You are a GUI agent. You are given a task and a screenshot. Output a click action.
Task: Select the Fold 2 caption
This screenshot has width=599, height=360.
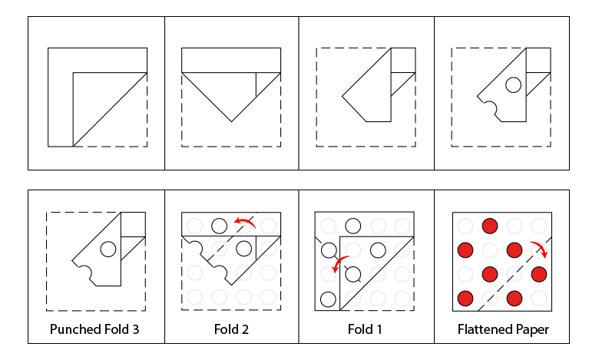coord(231,330)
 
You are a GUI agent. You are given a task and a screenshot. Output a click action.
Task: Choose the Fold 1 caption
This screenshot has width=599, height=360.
coord(366,330)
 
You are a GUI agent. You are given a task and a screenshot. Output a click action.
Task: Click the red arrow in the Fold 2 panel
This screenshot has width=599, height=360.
coord(246,222)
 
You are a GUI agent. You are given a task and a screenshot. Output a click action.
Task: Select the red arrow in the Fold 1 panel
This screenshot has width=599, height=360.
coord(339,263)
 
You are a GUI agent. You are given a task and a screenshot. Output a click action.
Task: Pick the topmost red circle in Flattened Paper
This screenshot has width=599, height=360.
coord(489,226)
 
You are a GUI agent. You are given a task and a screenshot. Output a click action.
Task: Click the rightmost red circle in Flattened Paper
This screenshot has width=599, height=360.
coord(538,274)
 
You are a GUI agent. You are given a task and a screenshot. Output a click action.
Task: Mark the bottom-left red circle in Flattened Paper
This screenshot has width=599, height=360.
coord(465,298)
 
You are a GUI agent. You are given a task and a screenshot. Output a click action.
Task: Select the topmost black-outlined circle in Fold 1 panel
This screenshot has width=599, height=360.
coord(353,226)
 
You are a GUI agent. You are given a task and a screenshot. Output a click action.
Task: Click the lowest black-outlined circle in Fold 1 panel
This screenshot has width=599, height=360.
coord(329,299)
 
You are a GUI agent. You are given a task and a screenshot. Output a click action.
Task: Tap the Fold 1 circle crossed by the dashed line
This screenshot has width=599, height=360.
coord(353,274)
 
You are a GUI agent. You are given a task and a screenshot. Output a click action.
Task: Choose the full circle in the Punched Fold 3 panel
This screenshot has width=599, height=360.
coord(108,248)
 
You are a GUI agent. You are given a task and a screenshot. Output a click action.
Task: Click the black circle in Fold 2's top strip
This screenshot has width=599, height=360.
coord(219,226)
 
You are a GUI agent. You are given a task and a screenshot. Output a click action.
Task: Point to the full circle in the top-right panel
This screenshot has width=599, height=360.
coord(513,84)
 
